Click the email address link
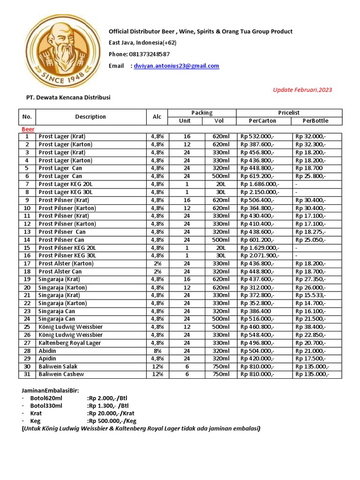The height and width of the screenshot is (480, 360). [176, 66]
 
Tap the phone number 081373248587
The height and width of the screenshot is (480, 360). [146, 54]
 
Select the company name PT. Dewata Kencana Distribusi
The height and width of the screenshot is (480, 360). [67, 97]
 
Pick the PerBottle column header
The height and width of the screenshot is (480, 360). [315, 121]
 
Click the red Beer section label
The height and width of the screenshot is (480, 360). [28, 129]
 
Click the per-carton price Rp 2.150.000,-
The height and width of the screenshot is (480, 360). [260, 192]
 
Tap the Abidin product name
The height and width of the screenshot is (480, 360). [47, 351]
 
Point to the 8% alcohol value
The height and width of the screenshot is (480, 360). [157, 351]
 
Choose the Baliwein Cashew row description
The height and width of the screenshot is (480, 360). [61, 375]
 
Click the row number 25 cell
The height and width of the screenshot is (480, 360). [27, 327]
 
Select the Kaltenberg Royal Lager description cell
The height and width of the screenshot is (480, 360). [69, 343]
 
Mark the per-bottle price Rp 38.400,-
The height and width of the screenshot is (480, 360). [310, 327]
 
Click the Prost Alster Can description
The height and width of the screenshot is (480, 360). [60, 271]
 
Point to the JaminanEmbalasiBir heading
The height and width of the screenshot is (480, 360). [50, 390]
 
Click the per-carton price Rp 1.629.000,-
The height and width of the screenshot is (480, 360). [260, 247]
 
